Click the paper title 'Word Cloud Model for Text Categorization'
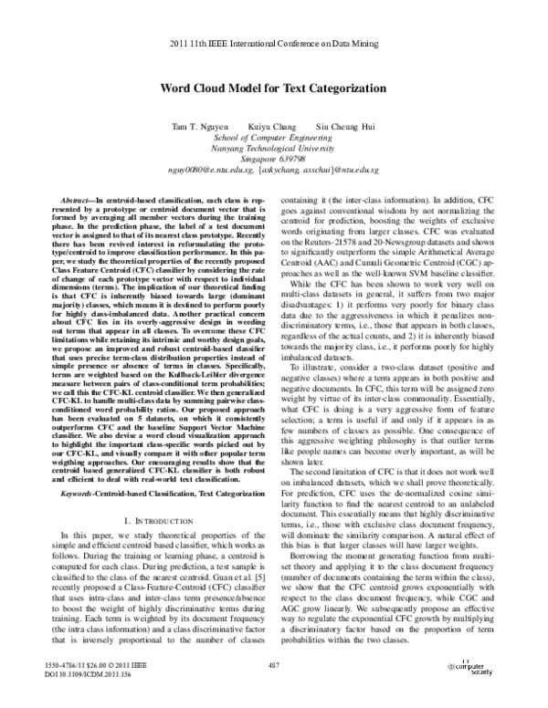(x=274, y=90)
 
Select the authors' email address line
(x=274, y=168)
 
